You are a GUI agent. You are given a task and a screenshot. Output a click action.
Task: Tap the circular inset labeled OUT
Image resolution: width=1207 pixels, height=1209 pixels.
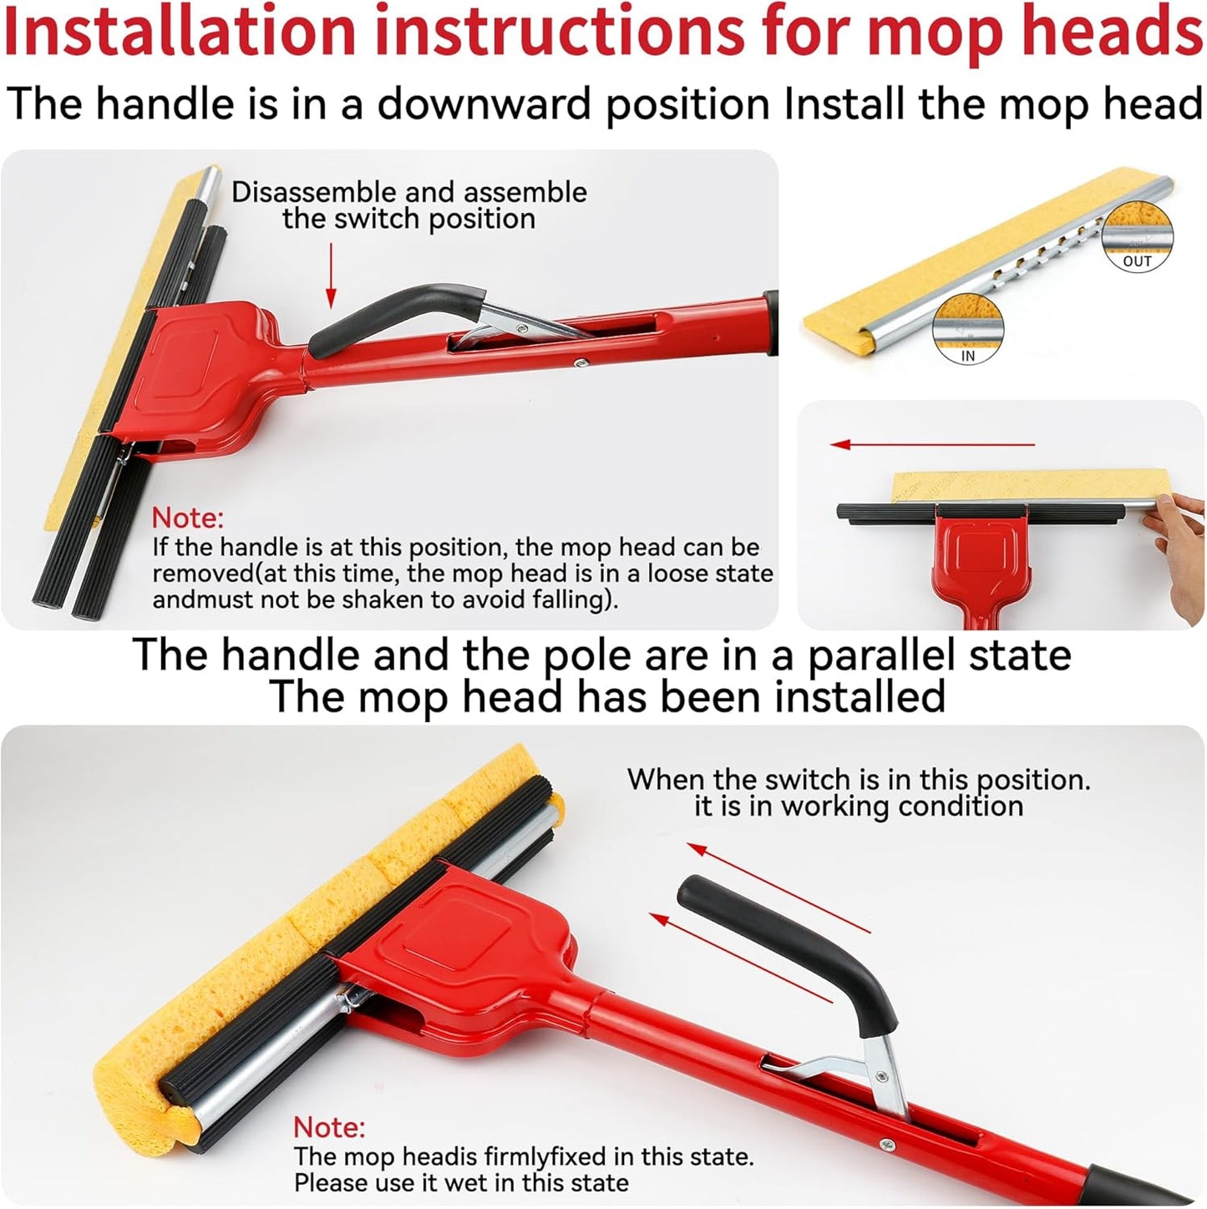1137,236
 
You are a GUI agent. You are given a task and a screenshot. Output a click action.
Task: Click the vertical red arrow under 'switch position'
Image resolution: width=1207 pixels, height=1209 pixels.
331,275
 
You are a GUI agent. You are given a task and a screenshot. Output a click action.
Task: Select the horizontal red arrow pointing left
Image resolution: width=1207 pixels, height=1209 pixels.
932,444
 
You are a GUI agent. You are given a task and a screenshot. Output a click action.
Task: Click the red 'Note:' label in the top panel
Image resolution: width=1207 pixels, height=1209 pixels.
188,519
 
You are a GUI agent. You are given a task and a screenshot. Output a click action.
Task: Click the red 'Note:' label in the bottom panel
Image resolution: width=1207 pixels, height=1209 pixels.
329,1127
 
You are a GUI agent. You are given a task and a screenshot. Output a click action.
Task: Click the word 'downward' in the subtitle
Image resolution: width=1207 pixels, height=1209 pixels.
488,104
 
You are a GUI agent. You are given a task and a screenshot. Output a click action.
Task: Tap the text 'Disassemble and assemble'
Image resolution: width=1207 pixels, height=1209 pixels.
408,192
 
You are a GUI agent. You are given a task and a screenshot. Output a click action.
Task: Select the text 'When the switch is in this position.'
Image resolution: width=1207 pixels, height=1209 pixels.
859,779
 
